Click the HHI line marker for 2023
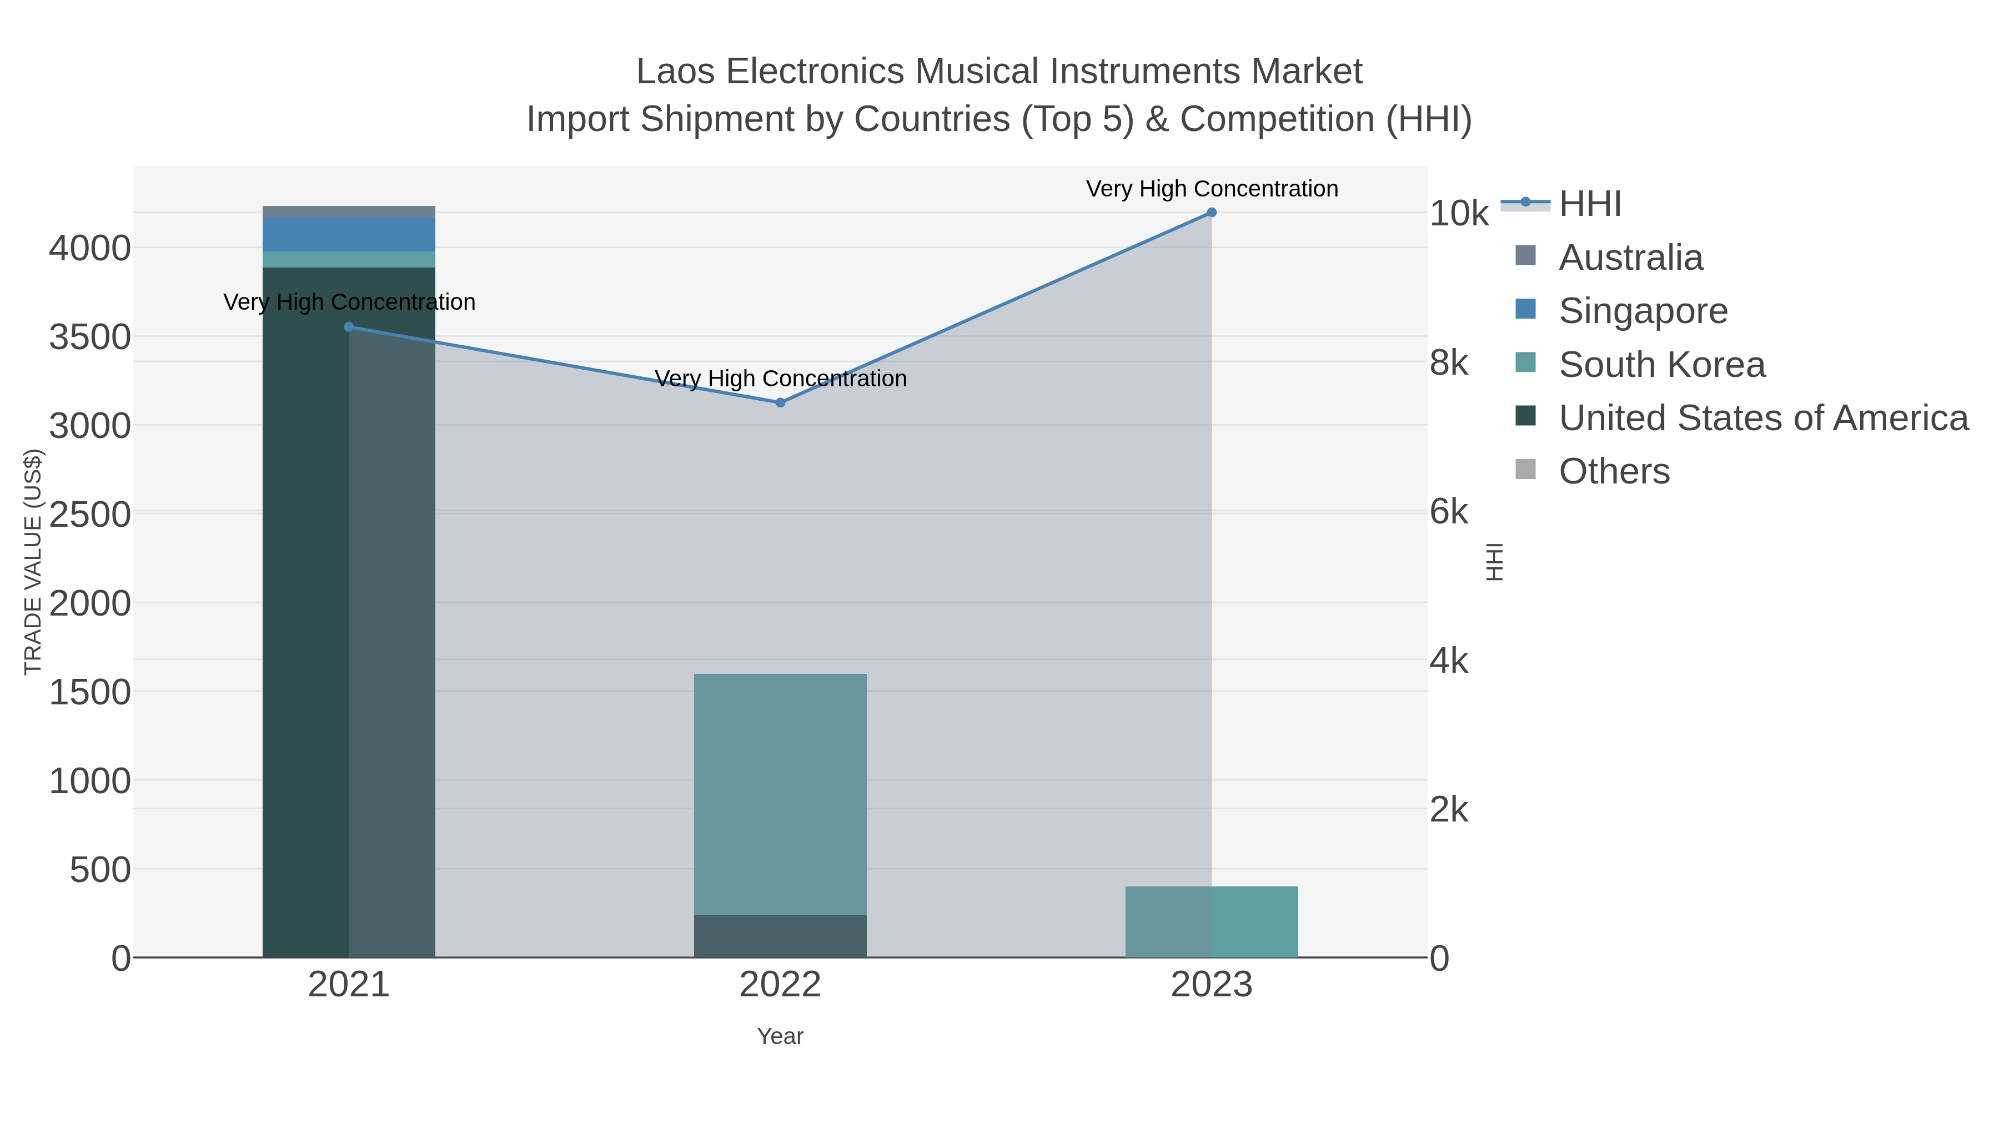click(1212, 213)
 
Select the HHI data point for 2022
click(781, 402)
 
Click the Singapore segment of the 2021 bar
click(349, 234)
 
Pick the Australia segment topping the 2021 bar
click(349, 212)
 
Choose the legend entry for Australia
click(1630, 258)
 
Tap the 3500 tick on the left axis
click(90, 337)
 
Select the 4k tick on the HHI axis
click(1449, 661)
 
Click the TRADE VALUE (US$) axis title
click(33, 562)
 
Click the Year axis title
click(781, 1036)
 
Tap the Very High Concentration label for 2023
click(1212, 189)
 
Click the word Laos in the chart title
click(675, 72)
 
